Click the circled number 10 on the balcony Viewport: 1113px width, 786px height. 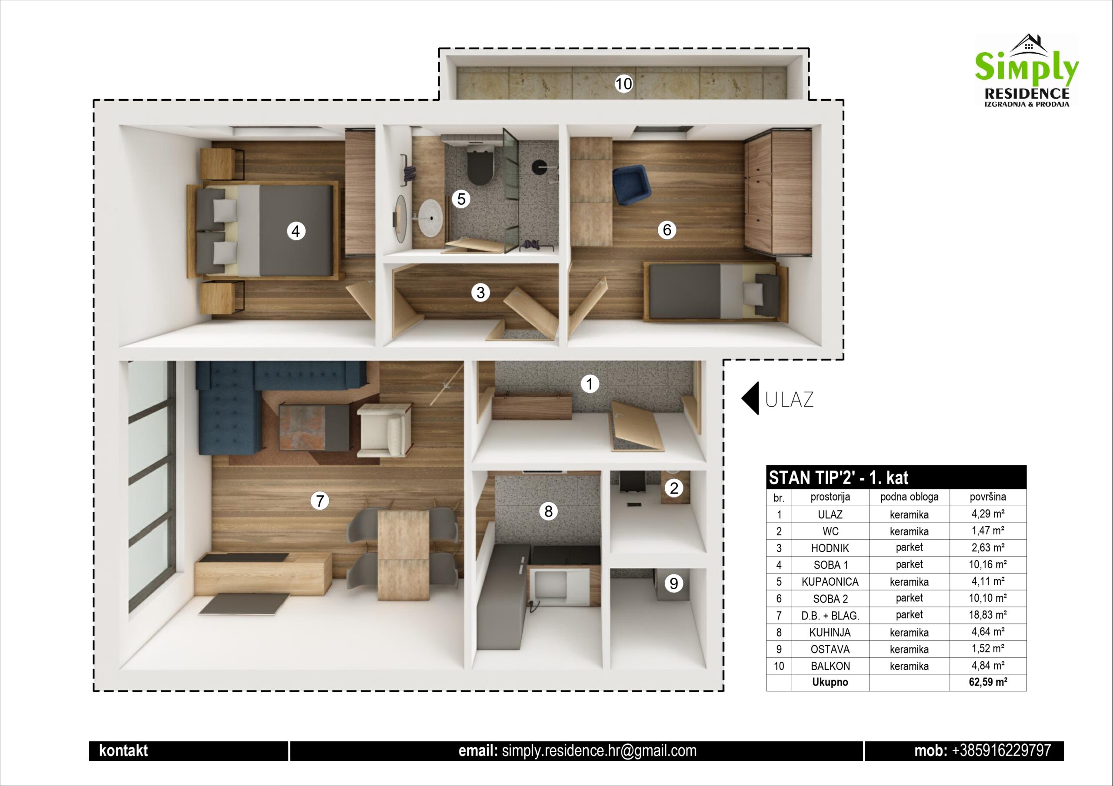[623, 84]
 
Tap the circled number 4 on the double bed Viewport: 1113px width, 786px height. [296, 231]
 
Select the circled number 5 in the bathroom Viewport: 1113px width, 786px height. [461, 199]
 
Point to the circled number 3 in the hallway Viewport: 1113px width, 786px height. [480, 292]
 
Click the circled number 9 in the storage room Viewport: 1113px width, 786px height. [673, 584]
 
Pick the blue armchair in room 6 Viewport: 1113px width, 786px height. [631, 185]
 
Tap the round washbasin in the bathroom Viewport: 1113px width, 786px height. [430, 219]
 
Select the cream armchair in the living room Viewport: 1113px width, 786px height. [384, 430]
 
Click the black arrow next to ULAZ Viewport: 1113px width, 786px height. [751, 398]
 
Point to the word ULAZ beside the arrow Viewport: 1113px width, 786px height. [789, 400]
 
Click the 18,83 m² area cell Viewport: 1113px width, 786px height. [987, 615]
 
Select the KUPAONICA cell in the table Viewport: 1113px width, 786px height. [830, 581]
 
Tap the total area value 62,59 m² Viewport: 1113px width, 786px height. [987, 682]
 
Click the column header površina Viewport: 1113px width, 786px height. [987, 497]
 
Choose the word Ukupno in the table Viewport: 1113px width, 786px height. [830, 682]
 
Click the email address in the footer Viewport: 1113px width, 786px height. [599, 751]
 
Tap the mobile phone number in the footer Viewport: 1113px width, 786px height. [1002, 751]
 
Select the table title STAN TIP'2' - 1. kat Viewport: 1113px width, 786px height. [838, 478]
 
